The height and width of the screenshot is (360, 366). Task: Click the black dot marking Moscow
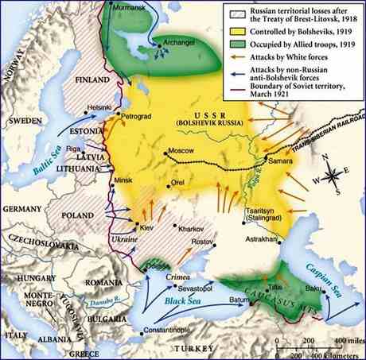click(x=166, y=151)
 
